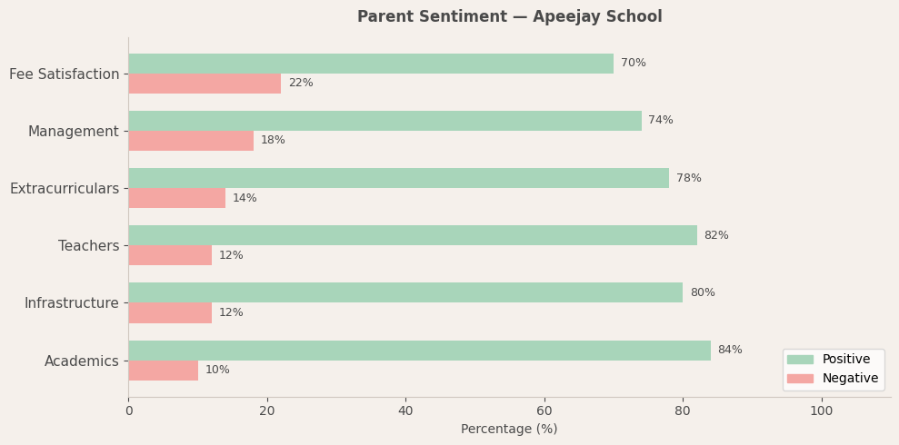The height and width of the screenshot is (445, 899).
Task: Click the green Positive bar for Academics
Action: (x=419, y=351)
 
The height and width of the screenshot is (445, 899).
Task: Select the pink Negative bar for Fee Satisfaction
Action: (x=205, y=84)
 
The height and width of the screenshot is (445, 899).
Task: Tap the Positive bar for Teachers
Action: (x=413, y=235)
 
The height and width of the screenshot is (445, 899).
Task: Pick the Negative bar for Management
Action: (x=191, y=141)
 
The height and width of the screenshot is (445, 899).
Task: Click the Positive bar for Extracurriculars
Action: (x=398, y=178)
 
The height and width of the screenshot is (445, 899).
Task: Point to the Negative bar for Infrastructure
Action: (x=170, y=313)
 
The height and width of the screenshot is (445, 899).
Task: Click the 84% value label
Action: (x=730, y=351)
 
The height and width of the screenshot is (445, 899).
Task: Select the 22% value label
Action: (x=301, y=84)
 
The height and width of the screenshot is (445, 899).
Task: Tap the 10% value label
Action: (x=217, y=371)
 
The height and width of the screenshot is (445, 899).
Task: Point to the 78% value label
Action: (x=689, y=179)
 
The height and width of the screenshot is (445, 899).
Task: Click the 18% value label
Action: (x=273, y=141)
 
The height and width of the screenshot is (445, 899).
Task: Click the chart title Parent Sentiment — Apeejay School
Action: (x=509, y=17)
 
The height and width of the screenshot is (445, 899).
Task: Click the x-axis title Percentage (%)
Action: (x=509, y=430)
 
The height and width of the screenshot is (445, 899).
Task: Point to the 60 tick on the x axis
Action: (x=544, y=411)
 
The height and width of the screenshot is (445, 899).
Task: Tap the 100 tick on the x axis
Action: (x=822, y=411)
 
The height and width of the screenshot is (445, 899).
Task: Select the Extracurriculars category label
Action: (x=65, y=189)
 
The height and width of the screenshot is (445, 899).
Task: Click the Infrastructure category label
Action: (x=71, y=303)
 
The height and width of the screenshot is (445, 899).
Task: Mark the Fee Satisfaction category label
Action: (x=65, y=74)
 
